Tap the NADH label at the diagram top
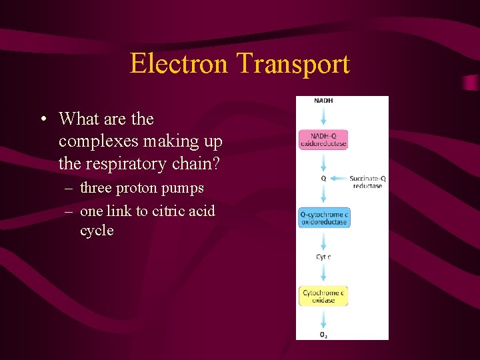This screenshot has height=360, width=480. (323, 101)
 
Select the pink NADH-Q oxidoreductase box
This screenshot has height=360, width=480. (323, 139)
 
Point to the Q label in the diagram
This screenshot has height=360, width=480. (323, 178)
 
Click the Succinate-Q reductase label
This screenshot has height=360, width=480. (368, 181)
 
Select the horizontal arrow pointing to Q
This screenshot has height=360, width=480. (339, 178)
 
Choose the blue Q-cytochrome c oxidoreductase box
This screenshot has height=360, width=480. (324, 218)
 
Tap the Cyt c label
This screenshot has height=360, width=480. (323, 257)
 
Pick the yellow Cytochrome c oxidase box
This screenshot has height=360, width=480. (323, 296)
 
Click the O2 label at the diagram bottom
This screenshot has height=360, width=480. (323, 334)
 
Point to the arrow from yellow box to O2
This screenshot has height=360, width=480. (323, 317)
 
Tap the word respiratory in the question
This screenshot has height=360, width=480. (126, 163)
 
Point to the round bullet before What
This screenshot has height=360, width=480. (43, 119)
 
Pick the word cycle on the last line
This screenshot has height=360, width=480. (97, 231)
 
